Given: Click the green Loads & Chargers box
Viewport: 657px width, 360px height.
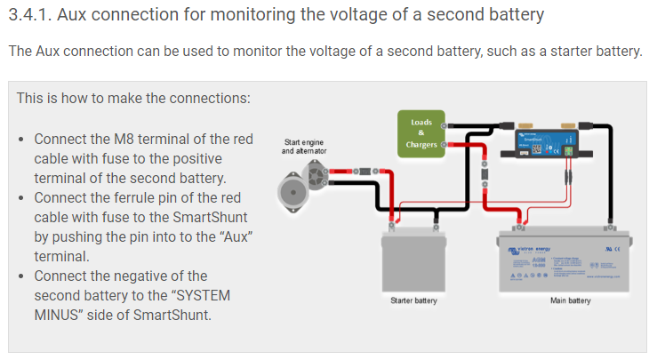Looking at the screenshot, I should click(421, 133).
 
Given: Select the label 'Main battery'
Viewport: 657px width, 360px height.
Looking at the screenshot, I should click(570, 301).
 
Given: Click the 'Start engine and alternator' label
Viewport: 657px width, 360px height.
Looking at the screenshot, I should click(304, 146).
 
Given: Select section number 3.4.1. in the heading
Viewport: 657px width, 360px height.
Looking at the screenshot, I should click(38, 15).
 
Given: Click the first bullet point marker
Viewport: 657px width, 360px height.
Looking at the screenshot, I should click(21, 140).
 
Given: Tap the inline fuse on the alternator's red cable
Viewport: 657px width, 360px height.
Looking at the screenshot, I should click(351, 168).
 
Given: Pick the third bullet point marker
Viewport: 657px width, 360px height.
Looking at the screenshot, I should click(21, 276).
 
